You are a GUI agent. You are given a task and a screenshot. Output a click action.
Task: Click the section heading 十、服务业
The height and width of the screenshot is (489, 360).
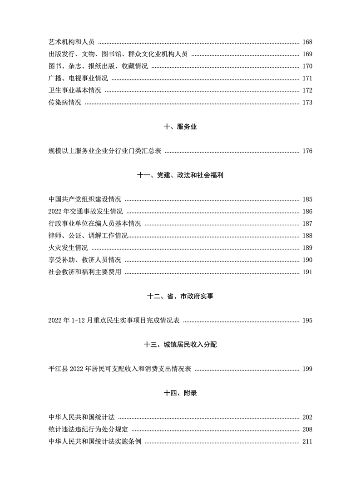pyautogui.click(x=180, y=128)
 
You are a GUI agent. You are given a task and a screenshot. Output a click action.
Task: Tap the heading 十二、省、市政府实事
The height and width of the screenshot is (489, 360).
pyautogui.click(x=180, y=296)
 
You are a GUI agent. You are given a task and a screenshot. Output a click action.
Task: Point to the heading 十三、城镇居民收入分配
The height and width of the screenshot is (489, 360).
pyautogui.click(x=180, y=345)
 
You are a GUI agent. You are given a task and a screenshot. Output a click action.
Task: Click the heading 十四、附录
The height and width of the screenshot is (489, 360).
pyautogui.click(x=180, y=393)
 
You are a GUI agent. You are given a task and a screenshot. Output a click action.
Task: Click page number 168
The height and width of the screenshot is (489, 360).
pyautogui.click(x=307, y=42)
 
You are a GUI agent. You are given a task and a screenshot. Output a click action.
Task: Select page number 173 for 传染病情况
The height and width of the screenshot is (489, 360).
pyautogui.click(x=307, y=103)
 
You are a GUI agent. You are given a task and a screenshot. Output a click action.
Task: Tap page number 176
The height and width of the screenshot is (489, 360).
pyautogui.click(x=307, y=151)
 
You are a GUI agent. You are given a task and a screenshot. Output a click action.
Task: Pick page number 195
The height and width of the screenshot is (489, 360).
pyautogui.click(x=307, y=321)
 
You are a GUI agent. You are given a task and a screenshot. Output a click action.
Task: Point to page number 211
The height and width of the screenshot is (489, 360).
pyautogui.click(x=307, y=441)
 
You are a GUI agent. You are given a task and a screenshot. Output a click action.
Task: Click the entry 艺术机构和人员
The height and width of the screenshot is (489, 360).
pyautogui.click(x=71, y=42)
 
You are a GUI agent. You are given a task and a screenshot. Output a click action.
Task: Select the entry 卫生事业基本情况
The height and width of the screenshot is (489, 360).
pyautogui.click(x=74, y=90)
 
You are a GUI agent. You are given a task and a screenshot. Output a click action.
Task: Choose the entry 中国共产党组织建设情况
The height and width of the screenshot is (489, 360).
pyautogui.click(x=84, y=199)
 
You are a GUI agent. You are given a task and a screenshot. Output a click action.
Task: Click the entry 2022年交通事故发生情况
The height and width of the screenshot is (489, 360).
pyautogui.click(x=85, y=212)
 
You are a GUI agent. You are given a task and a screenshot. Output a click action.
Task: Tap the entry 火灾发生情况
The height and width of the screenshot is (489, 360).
pyautogui.click(x=68, y=248)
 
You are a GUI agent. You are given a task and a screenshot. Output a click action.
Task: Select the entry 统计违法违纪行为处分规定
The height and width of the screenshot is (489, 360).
pyautogui.click(x=88, y=429)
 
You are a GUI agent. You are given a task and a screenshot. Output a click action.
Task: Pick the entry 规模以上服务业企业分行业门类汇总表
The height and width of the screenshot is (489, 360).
pyautogui.click(x=104, y=151)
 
